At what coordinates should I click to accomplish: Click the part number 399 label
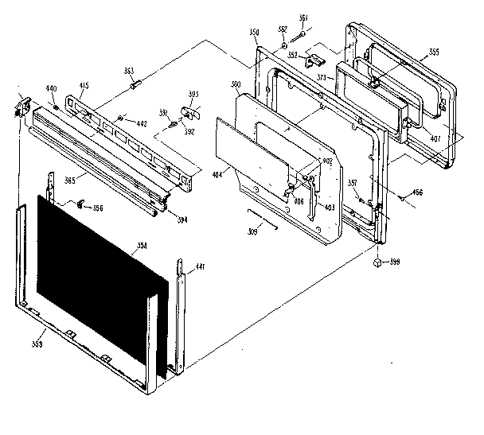pos(393,262)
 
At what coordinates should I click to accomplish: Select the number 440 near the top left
pos(51,87)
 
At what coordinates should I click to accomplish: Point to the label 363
pos(129,71)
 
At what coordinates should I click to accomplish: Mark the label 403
pos(329,208)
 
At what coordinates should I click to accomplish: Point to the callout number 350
pos(255,33)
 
